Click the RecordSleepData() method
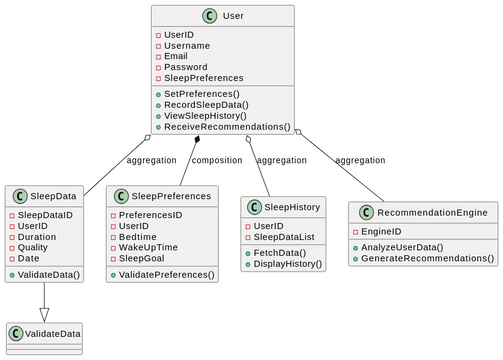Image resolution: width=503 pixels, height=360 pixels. click(x=206, y=104)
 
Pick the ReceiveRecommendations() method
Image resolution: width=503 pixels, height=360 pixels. click(x=226, y=127)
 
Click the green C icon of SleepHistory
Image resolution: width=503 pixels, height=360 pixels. click(x=254, y=207)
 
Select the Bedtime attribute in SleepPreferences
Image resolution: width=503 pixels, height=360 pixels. click(x=139, y=237)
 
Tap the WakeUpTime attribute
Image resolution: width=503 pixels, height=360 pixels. click(x=148, y=247)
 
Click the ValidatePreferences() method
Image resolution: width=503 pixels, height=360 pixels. click(x=166, y=274)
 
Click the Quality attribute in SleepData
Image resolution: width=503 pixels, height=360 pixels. click(x=34, y=247)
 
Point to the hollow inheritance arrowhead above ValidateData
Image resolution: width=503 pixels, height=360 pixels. click(x=44, y=313)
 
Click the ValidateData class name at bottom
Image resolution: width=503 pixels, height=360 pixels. click(x=52, y=333)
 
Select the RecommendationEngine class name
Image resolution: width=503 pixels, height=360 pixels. click(x=431, y=212)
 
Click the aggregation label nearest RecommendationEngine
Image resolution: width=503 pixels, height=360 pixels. click(x=360, y=160)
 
